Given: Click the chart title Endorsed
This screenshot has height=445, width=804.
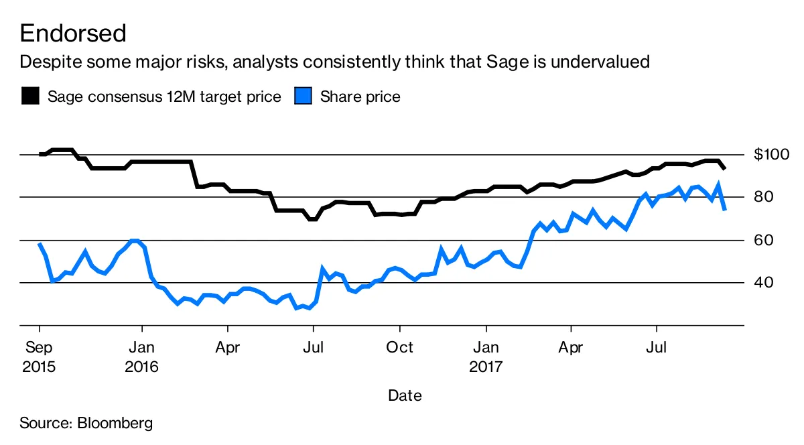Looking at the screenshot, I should (73, 33).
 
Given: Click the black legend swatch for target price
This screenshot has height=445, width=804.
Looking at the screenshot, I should (30, 97).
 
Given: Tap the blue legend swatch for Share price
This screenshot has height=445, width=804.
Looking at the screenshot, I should (304, 97).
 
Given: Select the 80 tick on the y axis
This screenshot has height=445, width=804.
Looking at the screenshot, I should (764, 197).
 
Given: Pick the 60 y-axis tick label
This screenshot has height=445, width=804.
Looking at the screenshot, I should (764, 240).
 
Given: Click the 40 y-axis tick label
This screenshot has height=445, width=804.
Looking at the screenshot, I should (764, 283).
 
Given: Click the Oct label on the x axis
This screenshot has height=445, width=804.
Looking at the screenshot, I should (400, 348).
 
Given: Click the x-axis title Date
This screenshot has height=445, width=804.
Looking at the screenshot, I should (405, 395).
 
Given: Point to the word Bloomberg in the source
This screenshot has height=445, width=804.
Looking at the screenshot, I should (115, 424).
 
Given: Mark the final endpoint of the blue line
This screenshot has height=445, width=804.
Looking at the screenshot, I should (725, 210).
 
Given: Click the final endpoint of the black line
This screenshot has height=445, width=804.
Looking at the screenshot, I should (725, 168).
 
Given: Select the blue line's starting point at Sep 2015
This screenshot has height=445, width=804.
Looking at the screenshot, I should (40, 244).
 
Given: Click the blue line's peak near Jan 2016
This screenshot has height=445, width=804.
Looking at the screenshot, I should (134, 241).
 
